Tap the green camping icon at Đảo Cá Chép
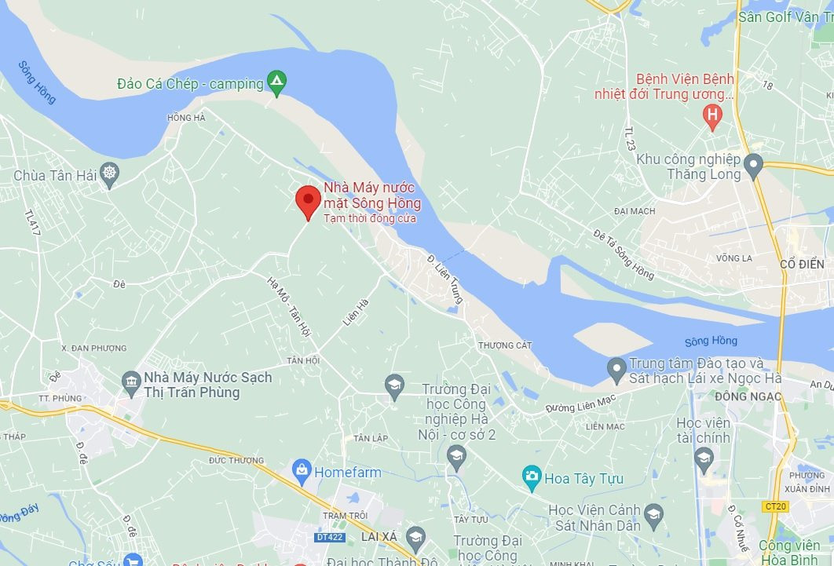pos(276,82)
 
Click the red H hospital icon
pos(711,118)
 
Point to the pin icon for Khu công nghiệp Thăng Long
pos(753,166)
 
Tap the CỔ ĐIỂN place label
pos(802,265)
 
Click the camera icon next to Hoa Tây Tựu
pos(532,477)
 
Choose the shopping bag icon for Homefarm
pos(301,472)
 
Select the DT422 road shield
pos(331,537)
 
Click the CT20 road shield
pos(774,506)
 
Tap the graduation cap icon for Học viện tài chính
pos(704,458)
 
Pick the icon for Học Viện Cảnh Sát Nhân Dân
pos(653,515)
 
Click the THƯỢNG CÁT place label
pos(505,345)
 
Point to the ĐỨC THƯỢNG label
pos(236,461)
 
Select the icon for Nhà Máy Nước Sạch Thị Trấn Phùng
pos(131,384)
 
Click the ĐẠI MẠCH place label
pos(634,211)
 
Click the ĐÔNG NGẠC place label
pos(748,396)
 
